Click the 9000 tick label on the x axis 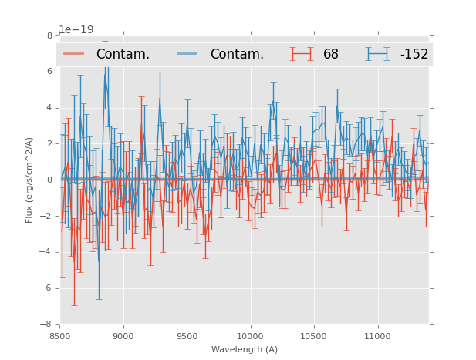(123, 336)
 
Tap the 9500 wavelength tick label (187, 336)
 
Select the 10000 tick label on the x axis (250, 336)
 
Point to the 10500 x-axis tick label (314, 336)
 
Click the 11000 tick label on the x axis (377, 336)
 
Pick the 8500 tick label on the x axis (60, 336)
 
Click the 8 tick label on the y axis (49, 35)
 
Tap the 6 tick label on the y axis (49, 72)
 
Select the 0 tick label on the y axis (49, 180)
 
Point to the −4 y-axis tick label (47, 252)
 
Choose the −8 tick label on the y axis (47, 325)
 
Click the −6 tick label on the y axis (47, 288)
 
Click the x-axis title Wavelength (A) (245, 349)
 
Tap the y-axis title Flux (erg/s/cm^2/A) (29, 180)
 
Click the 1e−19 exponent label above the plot (76, 30)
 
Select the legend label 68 (331, 54)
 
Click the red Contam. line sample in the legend (74, 54)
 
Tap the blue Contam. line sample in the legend (188, 54)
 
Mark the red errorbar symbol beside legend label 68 (302, 54)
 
